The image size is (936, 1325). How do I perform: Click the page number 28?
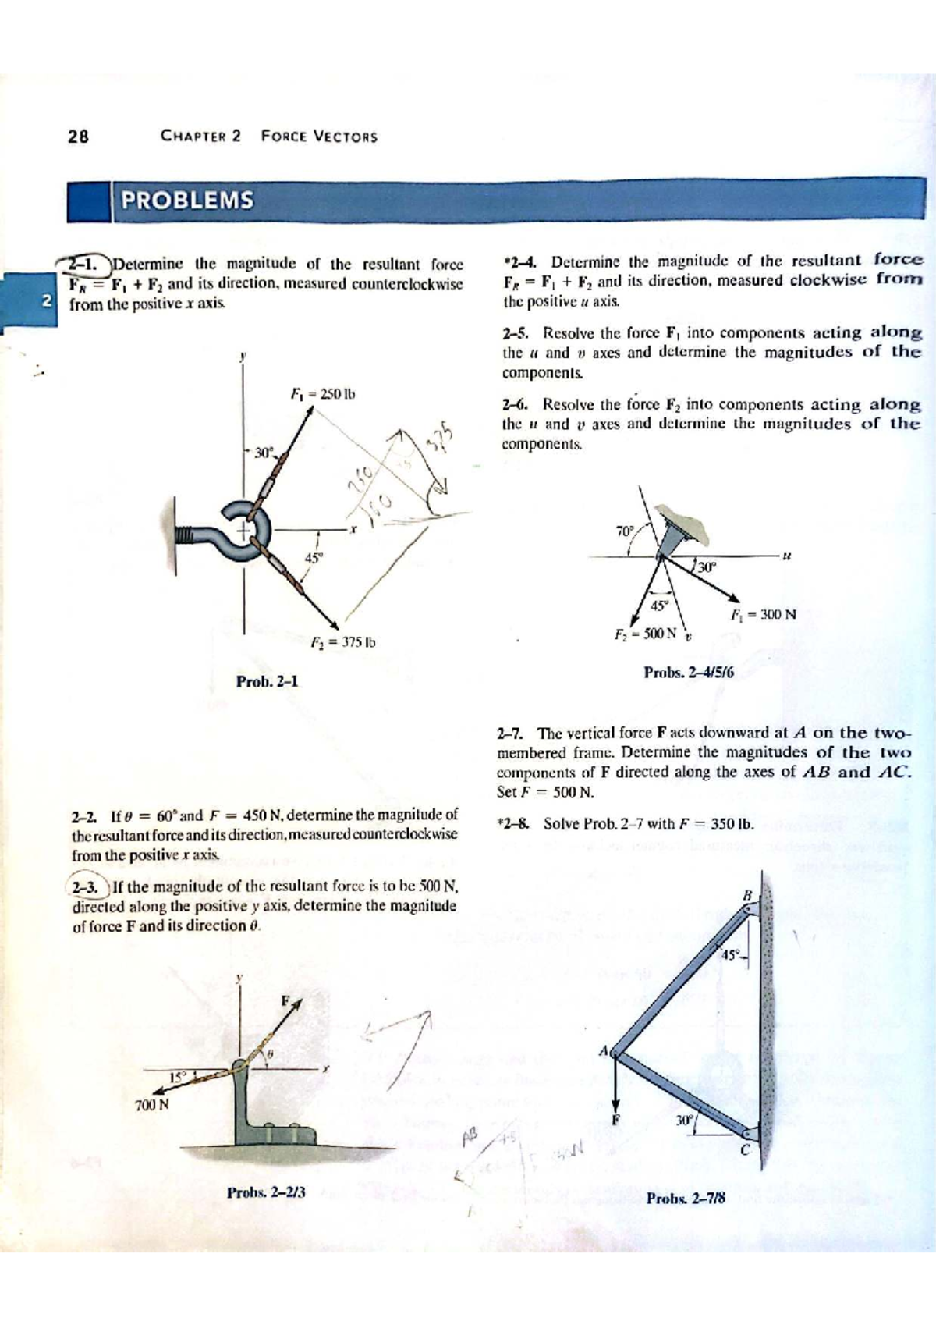[78, 137]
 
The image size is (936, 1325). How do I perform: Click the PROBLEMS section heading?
[187, 201]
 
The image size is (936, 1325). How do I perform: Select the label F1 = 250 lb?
[322, 393]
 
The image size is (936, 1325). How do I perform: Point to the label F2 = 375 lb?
[342, 643]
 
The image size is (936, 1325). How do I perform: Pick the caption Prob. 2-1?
[267, 681]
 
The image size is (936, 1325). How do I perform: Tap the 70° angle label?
[625, 531]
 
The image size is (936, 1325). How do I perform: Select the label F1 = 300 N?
[763, 614]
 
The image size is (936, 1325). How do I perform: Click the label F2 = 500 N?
[644, 633]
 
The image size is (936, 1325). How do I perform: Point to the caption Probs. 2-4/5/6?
[689, 672]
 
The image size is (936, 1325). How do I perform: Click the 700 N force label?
[151, 1105]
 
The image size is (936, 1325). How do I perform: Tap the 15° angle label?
[177, 1077]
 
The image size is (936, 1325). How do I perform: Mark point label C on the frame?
[744, 1150]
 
